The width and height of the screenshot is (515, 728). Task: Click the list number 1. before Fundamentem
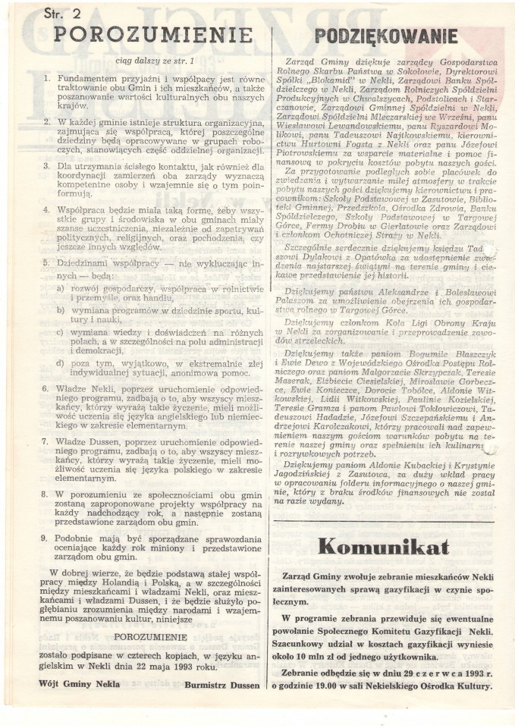[x=48, y=79]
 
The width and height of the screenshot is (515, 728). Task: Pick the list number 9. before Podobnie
[x=48, y=536]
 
